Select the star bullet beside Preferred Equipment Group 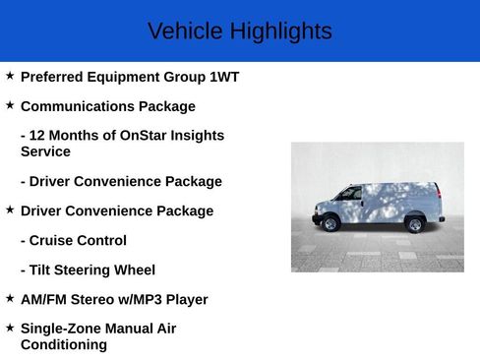click(x=10, y=76)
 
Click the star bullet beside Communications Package click(x=10, y=105)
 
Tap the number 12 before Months click(x=39, y=136)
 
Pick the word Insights click(x=195, y=136)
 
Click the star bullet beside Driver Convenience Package click(x=10, y=210)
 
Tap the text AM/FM click(x=44, y=299)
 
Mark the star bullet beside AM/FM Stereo click(x=10, y=298)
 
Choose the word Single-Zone click(x=62, y=329)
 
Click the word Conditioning click(x=64, y=345)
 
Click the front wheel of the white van click(x=331, y=224)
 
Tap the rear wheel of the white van click(x=415, y=224)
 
